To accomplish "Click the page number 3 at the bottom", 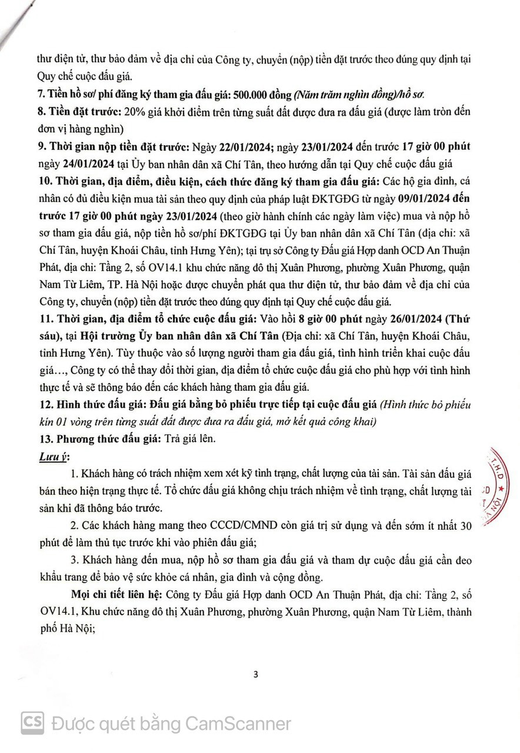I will (x=255, y=674).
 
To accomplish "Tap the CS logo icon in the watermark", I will (x=33, y=722).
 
